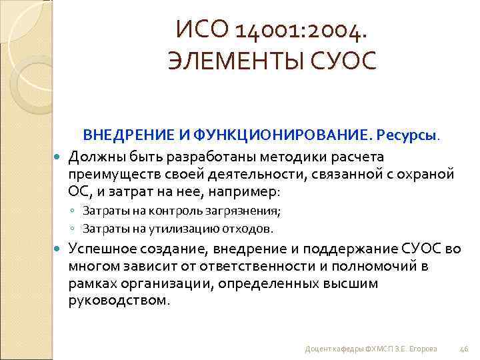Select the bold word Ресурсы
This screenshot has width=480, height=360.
pos(407,136)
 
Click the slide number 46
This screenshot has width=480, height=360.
pos(464,348)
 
